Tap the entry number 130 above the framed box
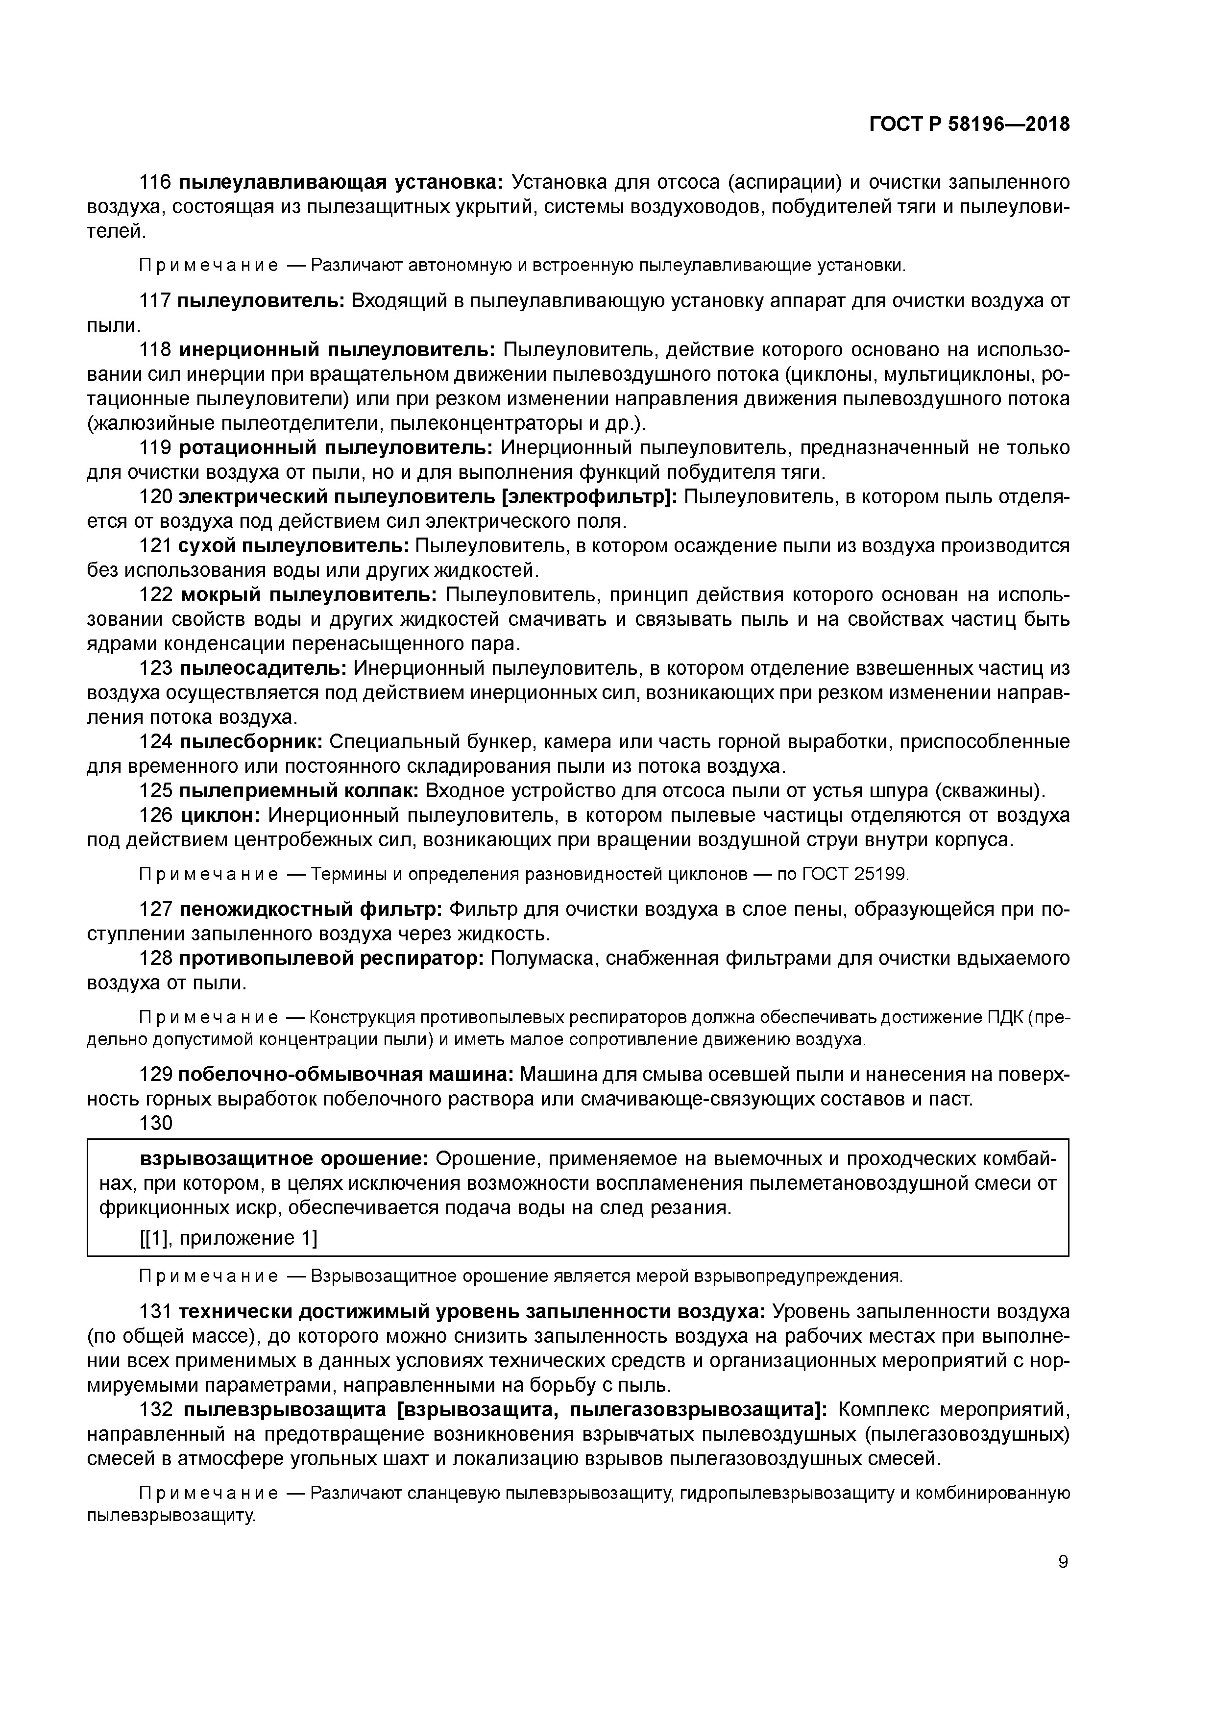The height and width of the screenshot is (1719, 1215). pyautogui.click(x=156, y=1123)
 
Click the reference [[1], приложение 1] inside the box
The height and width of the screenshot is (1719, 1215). pyautogui.click(x=228, y=1238)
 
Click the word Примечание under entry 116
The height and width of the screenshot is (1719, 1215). pyautogui.click(x=209, y=266)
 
